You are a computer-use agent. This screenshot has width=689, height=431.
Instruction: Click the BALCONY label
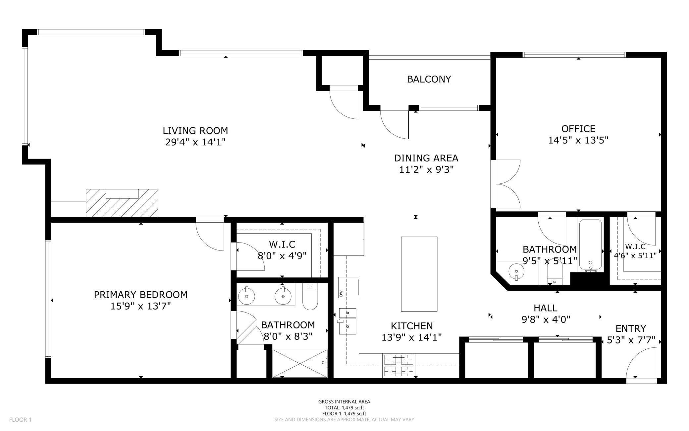[x=429, y=79]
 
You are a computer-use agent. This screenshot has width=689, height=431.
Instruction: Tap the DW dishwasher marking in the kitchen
[x=341, y=293]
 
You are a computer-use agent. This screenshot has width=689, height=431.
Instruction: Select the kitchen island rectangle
[x=419, y=274]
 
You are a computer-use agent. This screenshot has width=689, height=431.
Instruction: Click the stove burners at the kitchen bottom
[x=399, y=365]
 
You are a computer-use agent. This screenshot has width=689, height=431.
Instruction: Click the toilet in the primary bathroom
[x=310, y=297]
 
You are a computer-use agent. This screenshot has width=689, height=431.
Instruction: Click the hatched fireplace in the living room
[x=122, y=203]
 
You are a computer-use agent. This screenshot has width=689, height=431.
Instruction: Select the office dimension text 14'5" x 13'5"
[x=578, y=140]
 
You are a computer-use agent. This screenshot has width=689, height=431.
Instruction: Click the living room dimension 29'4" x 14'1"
[x=195, y=142]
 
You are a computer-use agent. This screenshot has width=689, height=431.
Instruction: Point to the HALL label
[x=545, y=308]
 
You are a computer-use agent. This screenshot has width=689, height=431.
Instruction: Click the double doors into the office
[x=506, y=184]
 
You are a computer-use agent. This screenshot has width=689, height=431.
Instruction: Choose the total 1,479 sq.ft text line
[x=344, y=407]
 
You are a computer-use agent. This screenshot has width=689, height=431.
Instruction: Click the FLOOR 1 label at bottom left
[x=20, y=420]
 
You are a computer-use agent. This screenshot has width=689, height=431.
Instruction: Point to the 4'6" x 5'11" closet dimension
[x=635, y=256]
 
